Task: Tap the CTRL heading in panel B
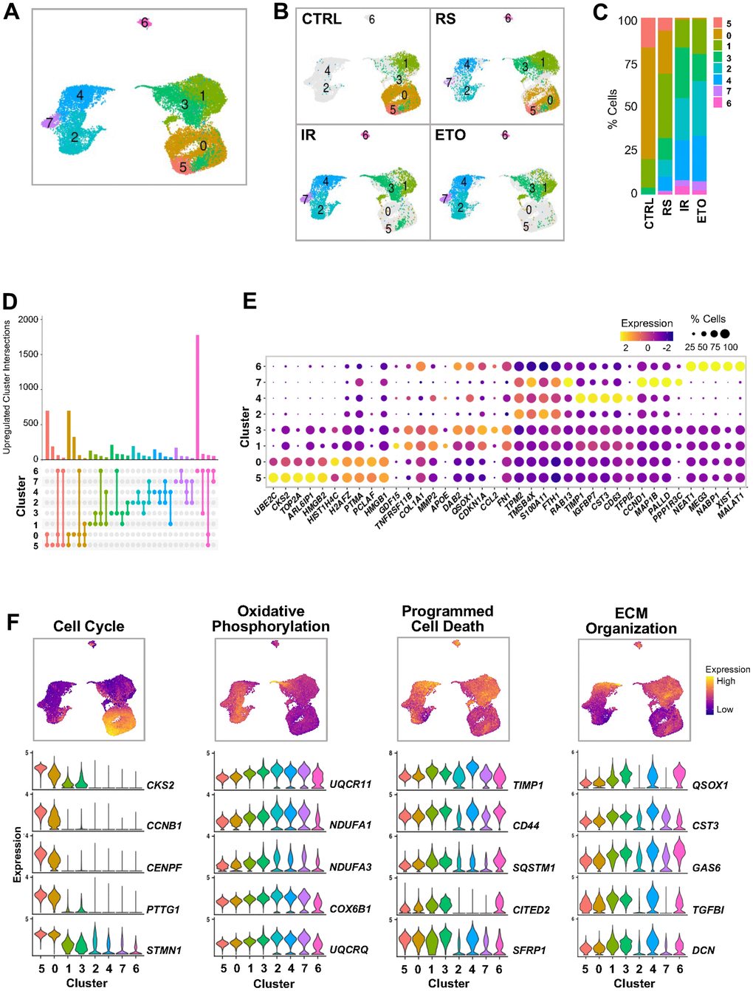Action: click(x=321, y=18)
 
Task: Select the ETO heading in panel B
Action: click(x=450, y=135)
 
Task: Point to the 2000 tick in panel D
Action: click(x=28, y=320)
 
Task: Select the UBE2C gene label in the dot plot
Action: click(x=264, y=503)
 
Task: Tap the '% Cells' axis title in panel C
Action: click(x=612, y=109)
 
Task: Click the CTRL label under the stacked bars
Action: click(x=649, y=213)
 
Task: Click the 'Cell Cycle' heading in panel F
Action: click(x=89, y=626)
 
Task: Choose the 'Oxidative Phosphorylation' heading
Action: click(x=271, y=619)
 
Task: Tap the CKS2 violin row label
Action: click(x=160, y=785)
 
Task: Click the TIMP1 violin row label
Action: click(x=528, y=785)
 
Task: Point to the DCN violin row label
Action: click(x=703, y=950)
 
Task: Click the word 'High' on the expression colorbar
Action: click(x=726, y=681)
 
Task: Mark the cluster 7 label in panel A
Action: click(x=49, y=123)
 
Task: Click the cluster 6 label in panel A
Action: click(x=145, y=23)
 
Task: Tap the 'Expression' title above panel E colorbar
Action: click(x=647, y=323)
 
